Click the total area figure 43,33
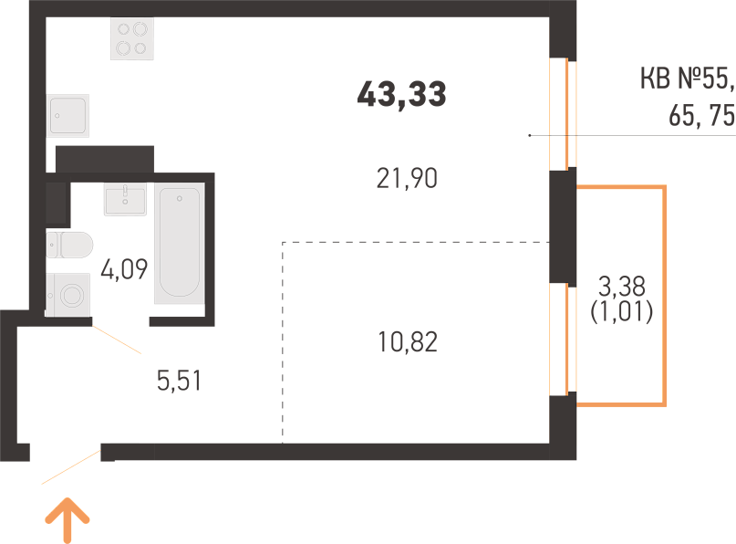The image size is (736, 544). pyautogui.click(x=401, y=95)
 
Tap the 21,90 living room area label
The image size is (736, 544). pyautogui.click(x=407, y=179)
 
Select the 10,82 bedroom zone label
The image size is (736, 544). pyautogui.click(x=408, y=342)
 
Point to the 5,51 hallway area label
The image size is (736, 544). pyautogui.click(x=179, y=381)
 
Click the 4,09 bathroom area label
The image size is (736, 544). pyautogui.click(x=124, y=269)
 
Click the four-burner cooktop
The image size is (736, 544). pyautogui.click(x=132, y=38)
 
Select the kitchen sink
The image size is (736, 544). pyautogui.click(x=68, y=116)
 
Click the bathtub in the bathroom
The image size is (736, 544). pyautogui.click(x=180, y=243)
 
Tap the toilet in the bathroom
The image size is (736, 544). pyautogui.click(x=69, y=245)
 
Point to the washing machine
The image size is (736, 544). pyautogui.click(x=68, y=295)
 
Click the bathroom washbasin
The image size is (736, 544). pyautogui.click(x=125, y=199)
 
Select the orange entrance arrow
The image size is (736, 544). pyautogui.click(x=67, y=520)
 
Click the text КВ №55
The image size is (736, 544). pyautogui.click(x=686, y=78)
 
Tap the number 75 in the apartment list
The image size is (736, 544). pyautogui.click(x=722, y=116)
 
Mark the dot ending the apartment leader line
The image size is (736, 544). pyautogui.click(x=530, y=135)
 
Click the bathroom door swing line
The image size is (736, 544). pyautogui.click(x=117, y=340)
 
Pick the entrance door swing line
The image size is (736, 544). pyautogui.click(x=71, y=467)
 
